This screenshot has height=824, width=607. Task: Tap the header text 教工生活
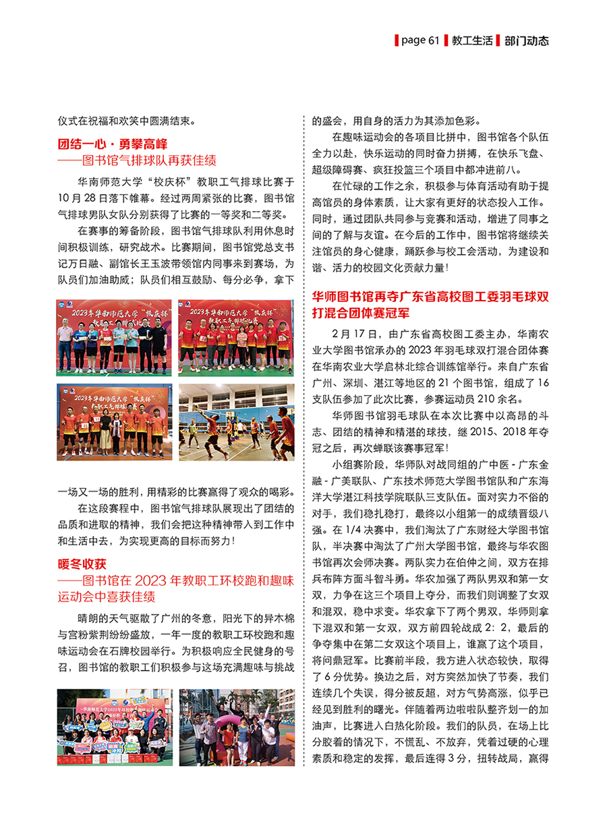[x=472, y=40]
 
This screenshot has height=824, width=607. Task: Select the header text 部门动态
[x=527, y=40]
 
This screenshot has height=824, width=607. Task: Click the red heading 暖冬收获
[x=82, y=563]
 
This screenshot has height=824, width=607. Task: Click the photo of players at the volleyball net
[x=236, y=422]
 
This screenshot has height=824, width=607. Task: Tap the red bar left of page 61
[x=396, y=40]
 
